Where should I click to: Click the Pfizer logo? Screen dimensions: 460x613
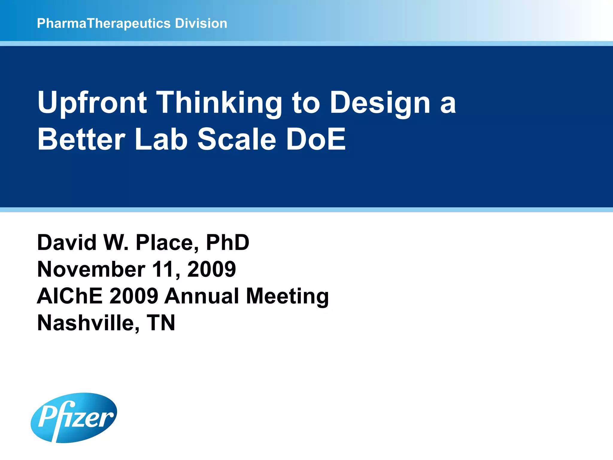74,417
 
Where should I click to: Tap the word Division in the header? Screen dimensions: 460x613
201,23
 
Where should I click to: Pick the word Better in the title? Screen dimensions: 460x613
81,140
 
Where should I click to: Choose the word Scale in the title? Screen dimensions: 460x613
236,140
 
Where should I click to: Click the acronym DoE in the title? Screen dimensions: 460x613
316,140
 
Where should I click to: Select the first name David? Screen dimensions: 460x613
67,242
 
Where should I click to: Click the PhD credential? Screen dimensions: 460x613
227,242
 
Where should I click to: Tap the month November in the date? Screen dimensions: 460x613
91,269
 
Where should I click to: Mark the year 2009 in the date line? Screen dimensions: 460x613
212,269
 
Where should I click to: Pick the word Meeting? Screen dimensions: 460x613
287,296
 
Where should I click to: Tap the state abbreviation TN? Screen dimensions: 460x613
161,323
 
